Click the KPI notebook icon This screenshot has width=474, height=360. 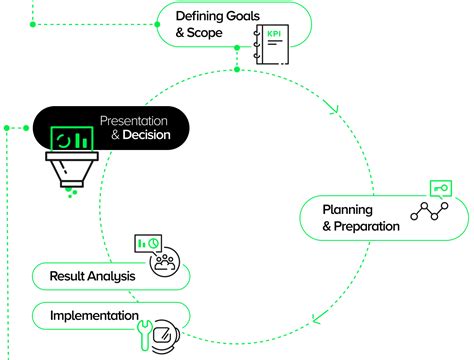[x=270, y=46]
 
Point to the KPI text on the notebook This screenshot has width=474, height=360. [x=272, y=36]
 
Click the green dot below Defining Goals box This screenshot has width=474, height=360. [x=236, y=70]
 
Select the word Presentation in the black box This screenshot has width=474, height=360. [x=135, y=121]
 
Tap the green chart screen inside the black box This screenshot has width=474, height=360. [x=70, y=139]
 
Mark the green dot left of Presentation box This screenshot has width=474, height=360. [x=7, y=128]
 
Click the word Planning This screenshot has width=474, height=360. [x=347, y=209]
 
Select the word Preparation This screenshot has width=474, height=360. [x=366, y=225]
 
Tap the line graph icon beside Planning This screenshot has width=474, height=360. [x=432, y=212]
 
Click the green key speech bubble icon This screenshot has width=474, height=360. [x=440, y=187]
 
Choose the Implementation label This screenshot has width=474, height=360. [x=94, y=316]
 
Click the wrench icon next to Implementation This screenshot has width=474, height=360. [x=143, y=331]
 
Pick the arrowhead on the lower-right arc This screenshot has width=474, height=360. [x=316, y=320]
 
